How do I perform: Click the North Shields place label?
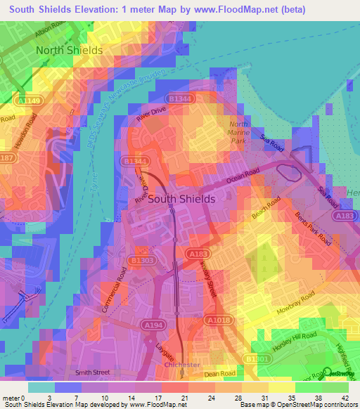(69, 51)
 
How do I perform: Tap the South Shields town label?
(181, 199)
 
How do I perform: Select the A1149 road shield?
(30, 102)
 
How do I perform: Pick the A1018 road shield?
(217, 321)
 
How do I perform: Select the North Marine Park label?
(239, 132)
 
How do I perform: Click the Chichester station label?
(181, 365)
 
